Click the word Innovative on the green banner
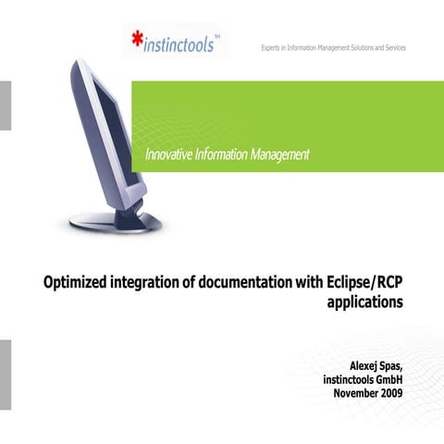pyautogui.click(x=172, y=154)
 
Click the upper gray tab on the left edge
pyautogui.click(x=5, y=104)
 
